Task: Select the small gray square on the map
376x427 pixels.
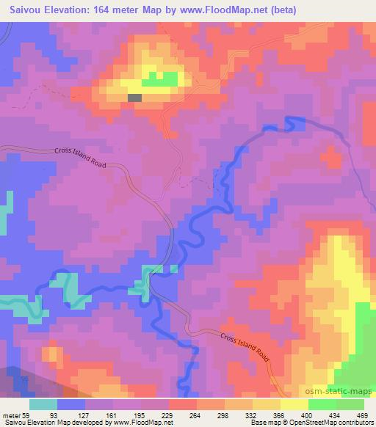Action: click(x=134, y=97)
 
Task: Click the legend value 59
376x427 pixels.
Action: click(x=26, y=415)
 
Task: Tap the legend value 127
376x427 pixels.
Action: click(x=84, y=415)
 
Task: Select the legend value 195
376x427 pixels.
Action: click(x=141, y=415)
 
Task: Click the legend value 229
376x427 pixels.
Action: click(x=169, y=415)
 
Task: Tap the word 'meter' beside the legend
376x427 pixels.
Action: click(x=10, y=415)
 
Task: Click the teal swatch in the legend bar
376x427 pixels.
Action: click(x=43, y=404)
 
